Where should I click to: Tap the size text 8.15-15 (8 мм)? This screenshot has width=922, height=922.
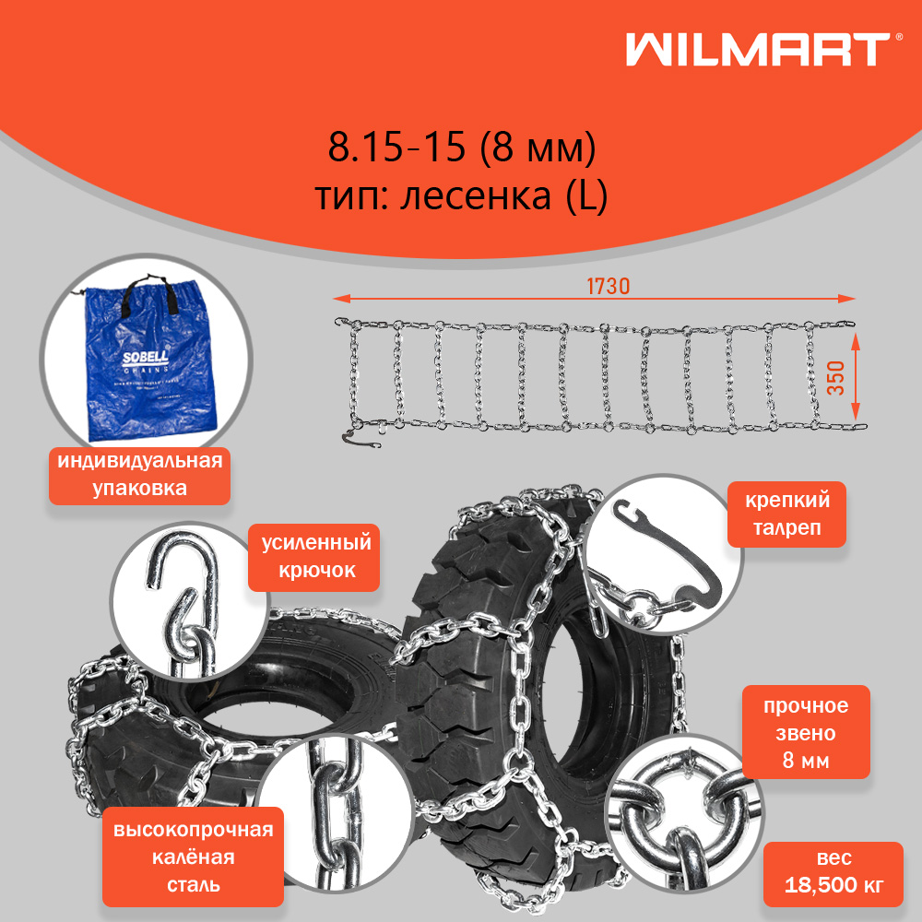(x=462, y=148)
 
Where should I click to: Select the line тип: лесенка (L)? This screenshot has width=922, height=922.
(x=462, y=196)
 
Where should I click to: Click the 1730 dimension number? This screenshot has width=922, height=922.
(x=608, y=287)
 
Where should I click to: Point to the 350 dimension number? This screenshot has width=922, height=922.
(x=835, y=378)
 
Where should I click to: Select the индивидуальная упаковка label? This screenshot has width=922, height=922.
(x=139, y=474)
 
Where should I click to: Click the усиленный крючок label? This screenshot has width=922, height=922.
(x=314, y=556)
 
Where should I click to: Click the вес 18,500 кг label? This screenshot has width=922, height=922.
(x=833, y=873)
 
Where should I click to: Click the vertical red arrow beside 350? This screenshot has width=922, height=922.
(x=856, y=378)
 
